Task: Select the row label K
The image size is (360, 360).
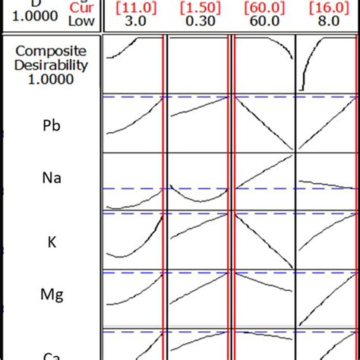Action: click(50, 241)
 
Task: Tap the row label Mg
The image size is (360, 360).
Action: click(50, 299)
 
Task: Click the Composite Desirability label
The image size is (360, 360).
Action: click(50, 65)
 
